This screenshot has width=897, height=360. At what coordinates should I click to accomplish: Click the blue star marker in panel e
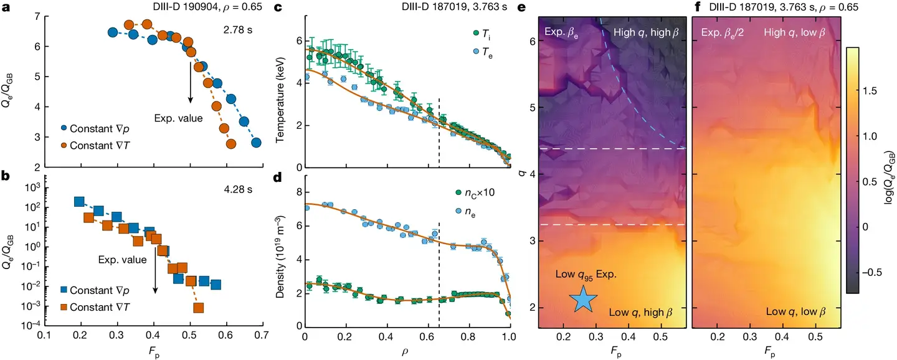click(583, 298)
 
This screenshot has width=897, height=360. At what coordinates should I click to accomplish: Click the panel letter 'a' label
click(7, 8)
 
